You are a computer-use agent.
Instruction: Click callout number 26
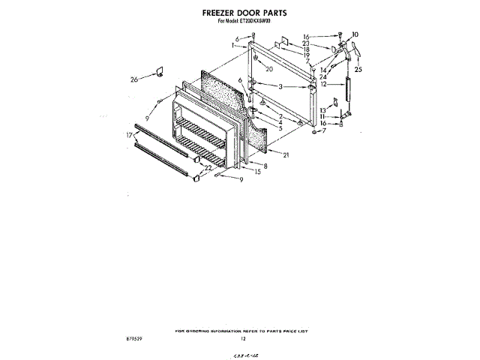133,79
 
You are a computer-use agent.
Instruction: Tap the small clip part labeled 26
159,71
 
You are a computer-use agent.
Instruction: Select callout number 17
130,134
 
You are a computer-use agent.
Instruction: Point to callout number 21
286,154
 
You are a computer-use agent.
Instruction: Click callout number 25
358,70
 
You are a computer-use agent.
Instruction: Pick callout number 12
323,84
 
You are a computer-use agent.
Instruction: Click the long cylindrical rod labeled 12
346,93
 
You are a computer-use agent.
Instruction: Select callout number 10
355,34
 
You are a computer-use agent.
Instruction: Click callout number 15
259,172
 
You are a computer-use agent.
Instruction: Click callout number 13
322,110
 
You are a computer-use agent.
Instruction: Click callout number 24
322,76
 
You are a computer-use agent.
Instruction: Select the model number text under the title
244,21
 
